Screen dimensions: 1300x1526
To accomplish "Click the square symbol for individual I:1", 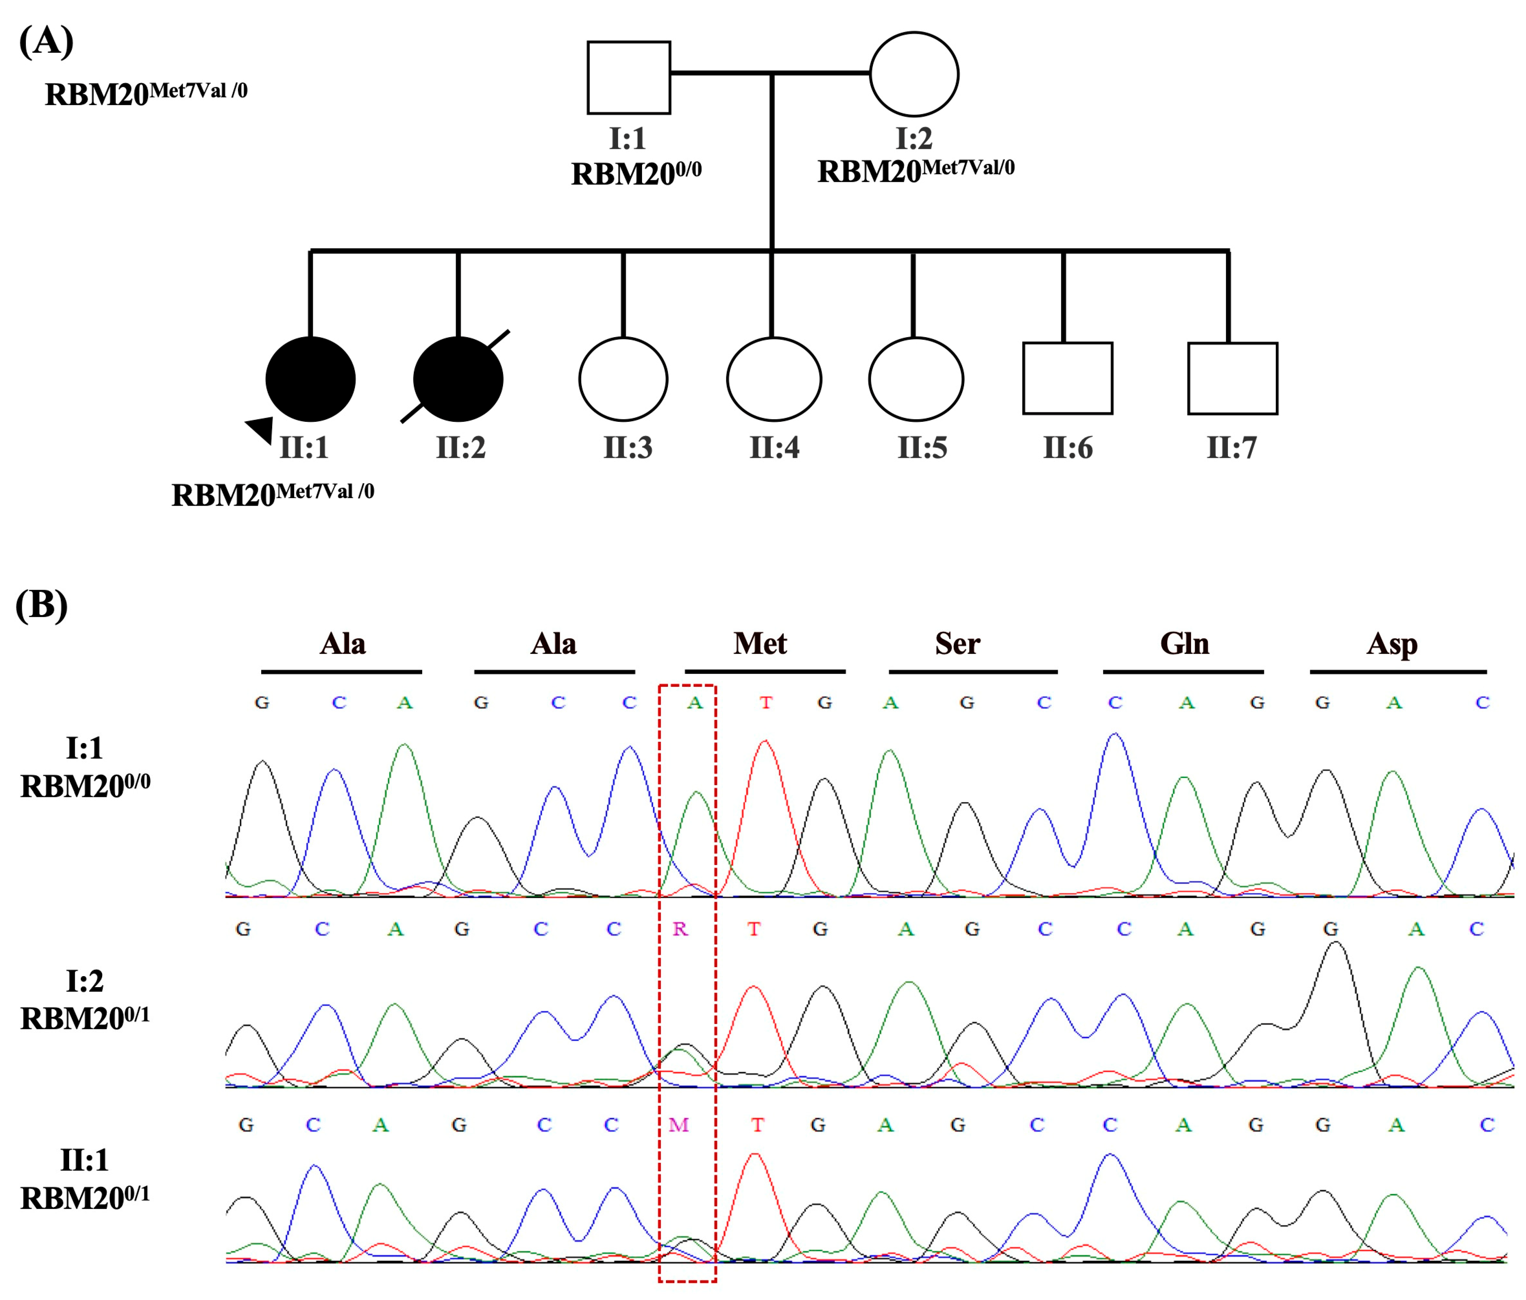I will click(628, 77).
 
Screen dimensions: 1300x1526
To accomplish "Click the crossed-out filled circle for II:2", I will click(458, 379).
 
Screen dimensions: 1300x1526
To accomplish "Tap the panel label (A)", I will click(46, 41).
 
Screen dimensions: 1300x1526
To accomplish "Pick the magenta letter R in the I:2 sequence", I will click(680, 929).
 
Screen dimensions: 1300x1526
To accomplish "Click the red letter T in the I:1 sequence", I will click(766, 703).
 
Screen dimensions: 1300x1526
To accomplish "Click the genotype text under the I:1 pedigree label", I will click(636, 174).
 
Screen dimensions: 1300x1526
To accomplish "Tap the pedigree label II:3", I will click(628, 448).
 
